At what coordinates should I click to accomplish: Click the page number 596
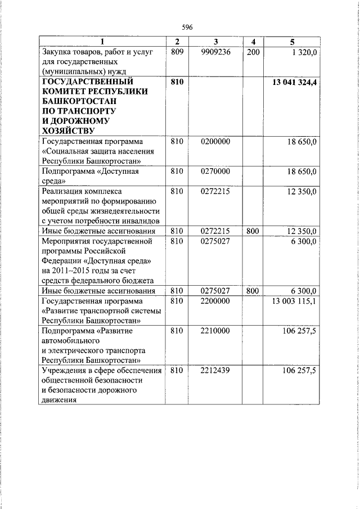[x=187, y=27]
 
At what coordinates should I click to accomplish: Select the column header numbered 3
[x=215, y=42]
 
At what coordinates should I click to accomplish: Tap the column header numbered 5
[x=291, y=42]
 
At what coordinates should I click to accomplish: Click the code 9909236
[x=215, y=52]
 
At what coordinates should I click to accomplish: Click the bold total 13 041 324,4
[x=294, y=82]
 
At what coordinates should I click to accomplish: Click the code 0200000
[x=215, y=142]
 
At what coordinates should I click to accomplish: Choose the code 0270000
[x=215, y=172]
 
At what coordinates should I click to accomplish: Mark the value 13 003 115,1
[x=294, y=301]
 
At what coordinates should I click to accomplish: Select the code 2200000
[x=215, y=301]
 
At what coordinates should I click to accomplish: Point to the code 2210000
[x=215, y=331]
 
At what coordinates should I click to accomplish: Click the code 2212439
[x=215, y=371]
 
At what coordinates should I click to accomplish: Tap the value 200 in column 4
[x=253, y=52]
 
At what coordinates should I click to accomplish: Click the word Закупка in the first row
[x=57, y=52]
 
